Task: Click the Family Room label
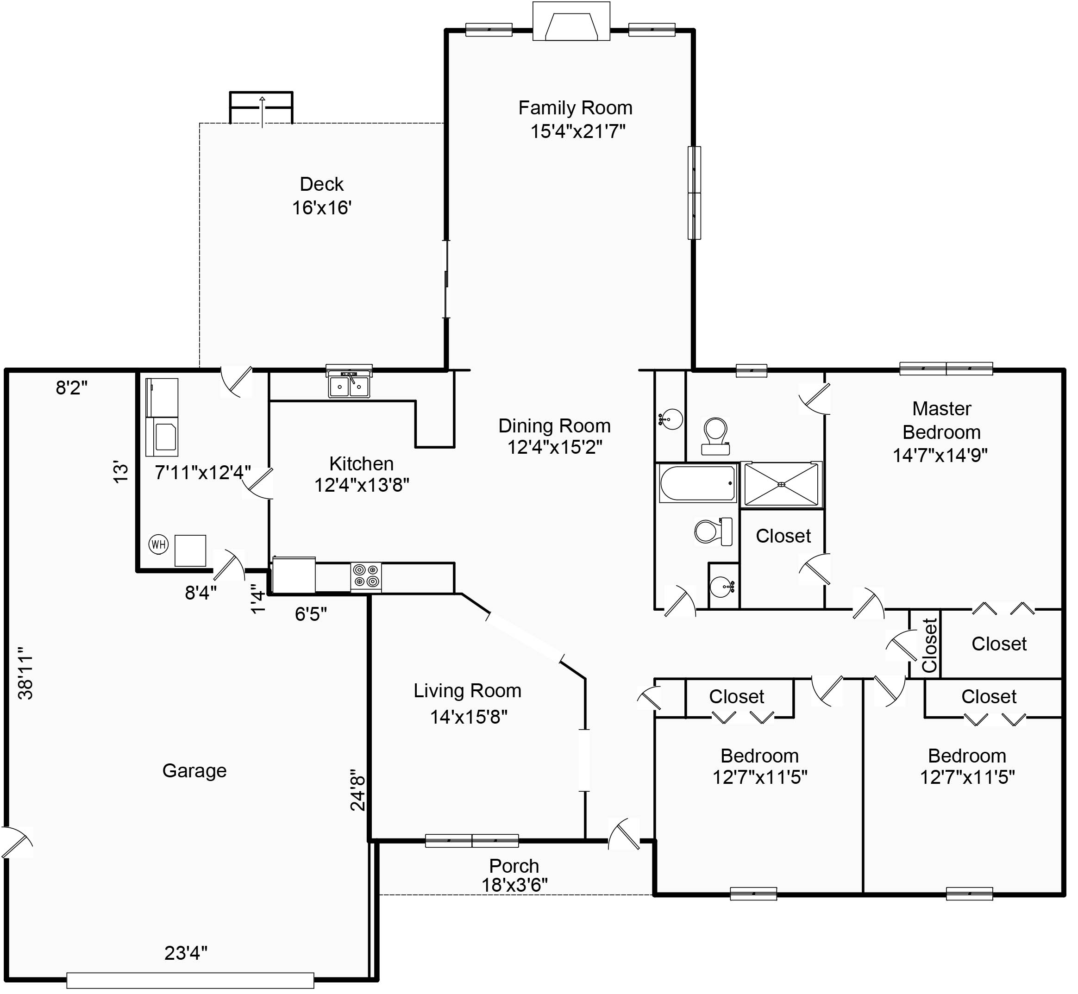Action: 575,108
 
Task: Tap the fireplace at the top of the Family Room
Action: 571,21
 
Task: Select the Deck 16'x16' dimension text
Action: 322,207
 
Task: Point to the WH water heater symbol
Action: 159,544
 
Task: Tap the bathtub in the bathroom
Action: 698,483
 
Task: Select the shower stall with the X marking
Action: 782,485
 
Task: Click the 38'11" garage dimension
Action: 26,672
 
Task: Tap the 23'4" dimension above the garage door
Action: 186,953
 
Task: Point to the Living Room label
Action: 467,691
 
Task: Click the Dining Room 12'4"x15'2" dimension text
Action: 555,447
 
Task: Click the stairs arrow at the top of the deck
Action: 262,112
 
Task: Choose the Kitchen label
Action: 362,463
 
